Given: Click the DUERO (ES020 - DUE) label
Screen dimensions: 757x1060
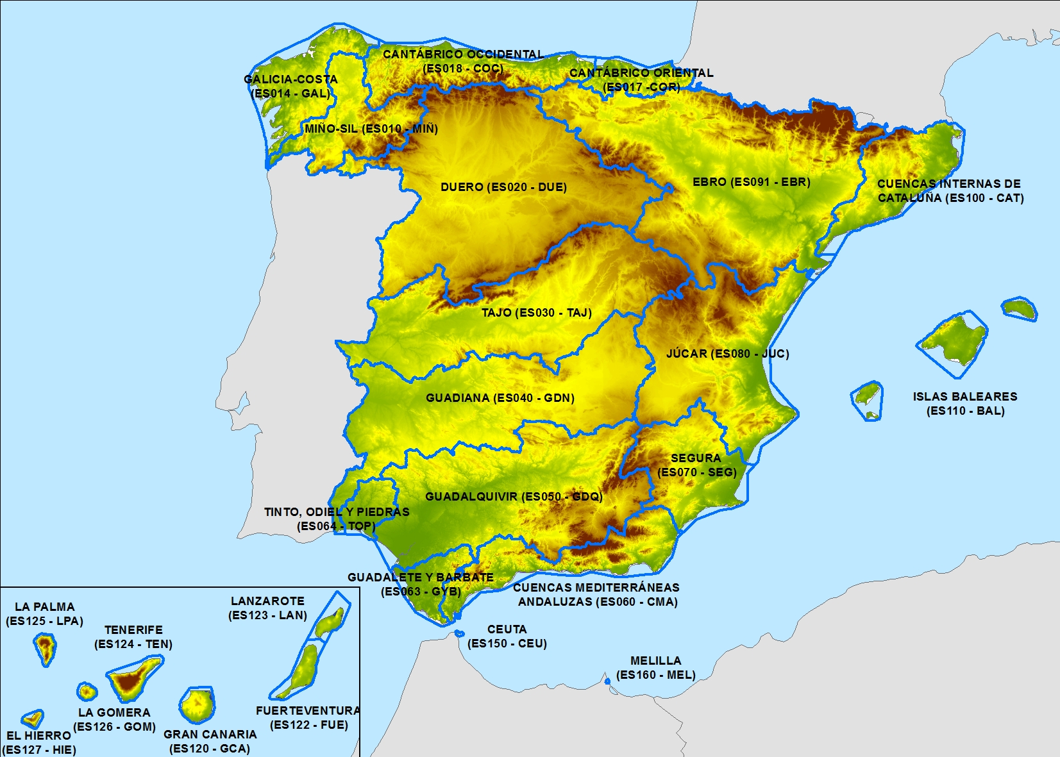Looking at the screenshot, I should [x=503, y=187].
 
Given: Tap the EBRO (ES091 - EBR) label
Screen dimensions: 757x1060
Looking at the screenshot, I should [x=751, y=182].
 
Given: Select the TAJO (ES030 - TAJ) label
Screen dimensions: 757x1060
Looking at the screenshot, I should [x=536, y=313].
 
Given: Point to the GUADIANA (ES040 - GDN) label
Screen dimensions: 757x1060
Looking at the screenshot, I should [x=500, y=398].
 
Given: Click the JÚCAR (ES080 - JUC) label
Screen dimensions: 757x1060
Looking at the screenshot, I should [x=727, y=353].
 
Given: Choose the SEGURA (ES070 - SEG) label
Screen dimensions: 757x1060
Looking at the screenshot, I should [x=696, y=465].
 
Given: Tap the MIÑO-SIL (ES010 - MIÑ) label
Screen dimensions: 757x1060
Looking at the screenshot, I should [x=371, y=129].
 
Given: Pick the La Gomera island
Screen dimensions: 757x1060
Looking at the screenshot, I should [x=87, y=692].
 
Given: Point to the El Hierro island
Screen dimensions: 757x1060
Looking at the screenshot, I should [x=32, y=719].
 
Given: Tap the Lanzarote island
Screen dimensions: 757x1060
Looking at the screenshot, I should [x=332, y=620].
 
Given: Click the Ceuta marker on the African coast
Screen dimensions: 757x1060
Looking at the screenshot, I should [x=459, y=633].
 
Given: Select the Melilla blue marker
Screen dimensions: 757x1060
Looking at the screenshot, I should [x=607, y=681].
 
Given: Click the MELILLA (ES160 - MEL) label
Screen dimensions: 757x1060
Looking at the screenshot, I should [x=655, y=668].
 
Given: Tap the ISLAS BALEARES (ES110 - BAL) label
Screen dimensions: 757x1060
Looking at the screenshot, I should [x=965, y=404].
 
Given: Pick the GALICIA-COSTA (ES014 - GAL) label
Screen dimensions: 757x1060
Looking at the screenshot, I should [x=290, y=87].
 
